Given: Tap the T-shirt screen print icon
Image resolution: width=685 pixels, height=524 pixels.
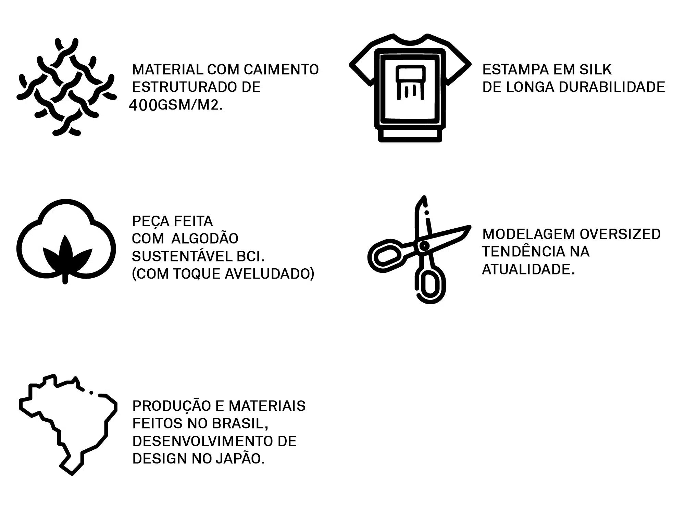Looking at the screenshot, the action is (410, 88).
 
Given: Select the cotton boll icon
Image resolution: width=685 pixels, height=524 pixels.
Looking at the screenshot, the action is (66, 241).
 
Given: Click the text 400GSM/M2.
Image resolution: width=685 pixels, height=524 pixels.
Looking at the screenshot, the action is (176, 105).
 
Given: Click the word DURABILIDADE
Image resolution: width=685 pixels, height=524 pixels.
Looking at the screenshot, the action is (612, 87).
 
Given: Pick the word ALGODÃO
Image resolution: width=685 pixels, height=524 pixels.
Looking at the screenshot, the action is (205, 239).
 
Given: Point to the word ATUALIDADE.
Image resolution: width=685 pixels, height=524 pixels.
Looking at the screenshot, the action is (528, 269).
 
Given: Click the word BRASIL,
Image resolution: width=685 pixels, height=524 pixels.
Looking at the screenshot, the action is (240, 424).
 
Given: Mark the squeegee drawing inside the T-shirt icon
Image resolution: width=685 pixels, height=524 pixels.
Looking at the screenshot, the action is (410, 82).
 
